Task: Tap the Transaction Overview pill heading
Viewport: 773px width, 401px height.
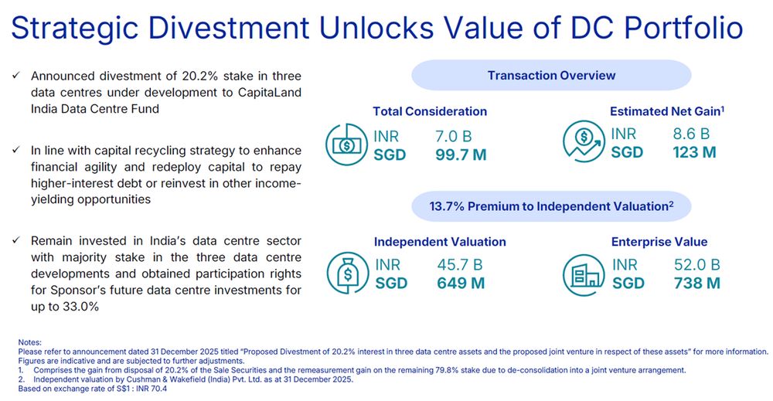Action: click(551, 75)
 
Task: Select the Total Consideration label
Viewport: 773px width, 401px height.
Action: click(430, 111)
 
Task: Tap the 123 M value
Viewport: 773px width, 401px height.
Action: click(693, 151)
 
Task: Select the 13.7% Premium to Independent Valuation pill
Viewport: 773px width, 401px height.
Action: click(551, 206)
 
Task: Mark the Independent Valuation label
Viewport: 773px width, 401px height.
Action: click(440, 242)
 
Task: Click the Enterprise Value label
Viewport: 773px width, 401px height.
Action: click(659, 242)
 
